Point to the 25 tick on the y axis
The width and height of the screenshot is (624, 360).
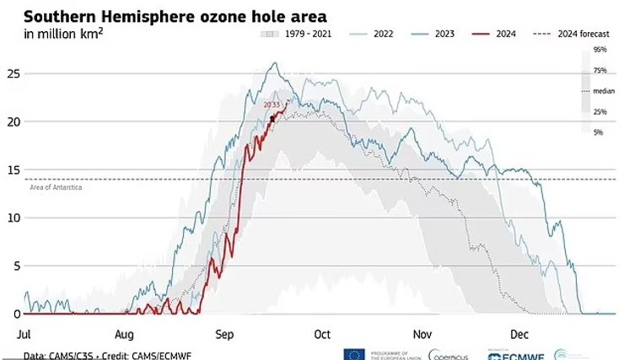tap(13, 73)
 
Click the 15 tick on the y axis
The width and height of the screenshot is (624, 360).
tap(13, 169)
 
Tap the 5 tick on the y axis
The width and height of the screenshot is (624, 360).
tap(13, 266)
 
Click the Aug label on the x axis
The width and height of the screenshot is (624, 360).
tap(125, 334)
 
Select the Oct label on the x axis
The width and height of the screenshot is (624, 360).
tap(321, 334)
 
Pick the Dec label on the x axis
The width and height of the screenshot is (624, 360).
tap(518, 334)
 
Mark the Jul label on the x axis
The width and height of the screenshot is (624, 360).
tap(24, 334)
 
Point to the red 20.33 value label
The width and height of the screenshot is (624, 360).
tap(272, 105)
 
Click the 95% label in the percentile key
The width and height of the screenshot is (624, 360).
tap(600, 50)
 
